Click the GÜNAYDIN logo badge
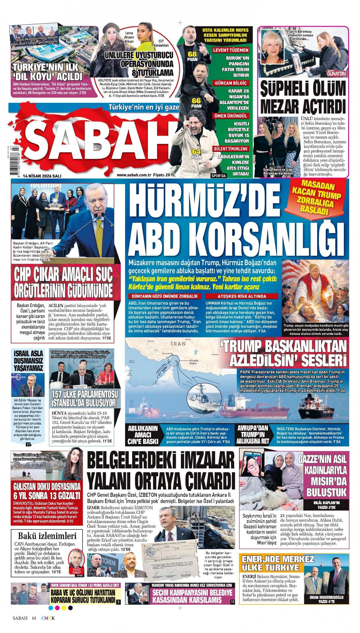tap(337, 74)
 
